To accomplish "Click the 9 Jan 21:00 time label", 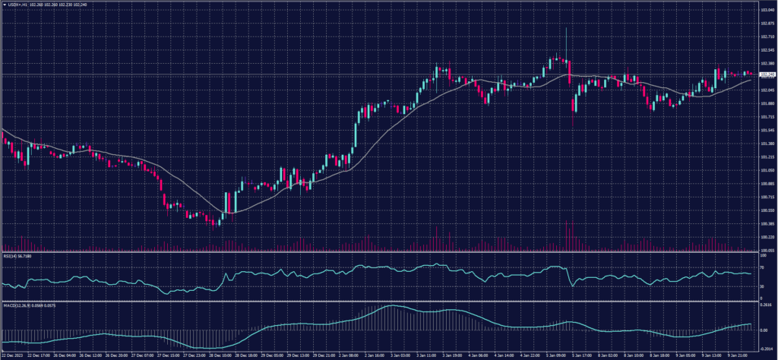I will (736, 354).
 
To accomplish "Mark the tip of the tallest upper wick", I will (566, 28).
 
